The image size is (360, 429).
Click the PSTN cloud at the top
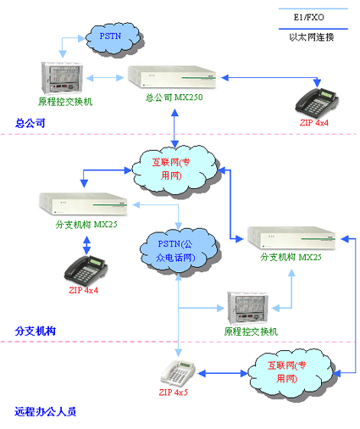(114, 40)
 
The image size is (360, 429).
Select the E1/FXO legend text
(308, 17)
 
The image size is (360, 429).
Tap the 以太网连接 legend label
(312, 37)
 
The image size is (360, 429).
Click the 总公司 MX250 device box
(172, 76)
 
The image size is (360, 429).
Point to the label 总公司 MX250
(174, 97)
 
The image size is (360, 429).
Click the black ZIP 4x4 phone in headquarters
(317, 103)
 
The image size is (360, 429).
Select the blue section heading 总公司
(30, 123)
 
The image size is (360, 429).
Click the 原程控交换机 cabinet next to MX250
(62, 78)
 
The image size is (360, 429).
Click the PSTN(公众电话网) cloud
(180, 251)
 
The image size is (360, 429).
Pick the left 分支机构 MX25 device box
(83, 203)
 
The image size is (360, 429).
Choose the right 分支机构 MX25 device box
(291, 238)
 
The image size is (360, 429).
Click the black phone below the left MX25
(86, 270)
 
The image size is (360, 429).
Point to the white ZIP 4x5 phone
(178, 373)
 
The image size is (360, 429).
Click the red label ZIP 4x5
(173, 393)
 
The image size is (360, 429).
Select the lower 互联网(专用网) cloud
(291, 374)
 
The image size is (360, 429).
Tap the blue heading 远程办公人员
(46, 411)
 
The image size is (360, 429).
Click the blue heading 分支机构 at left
(36, 331)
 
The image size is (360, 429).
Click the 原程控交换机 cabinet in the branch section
(247, 309)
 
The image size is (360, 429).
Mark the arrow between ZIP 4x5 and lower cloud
(223, 374)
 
